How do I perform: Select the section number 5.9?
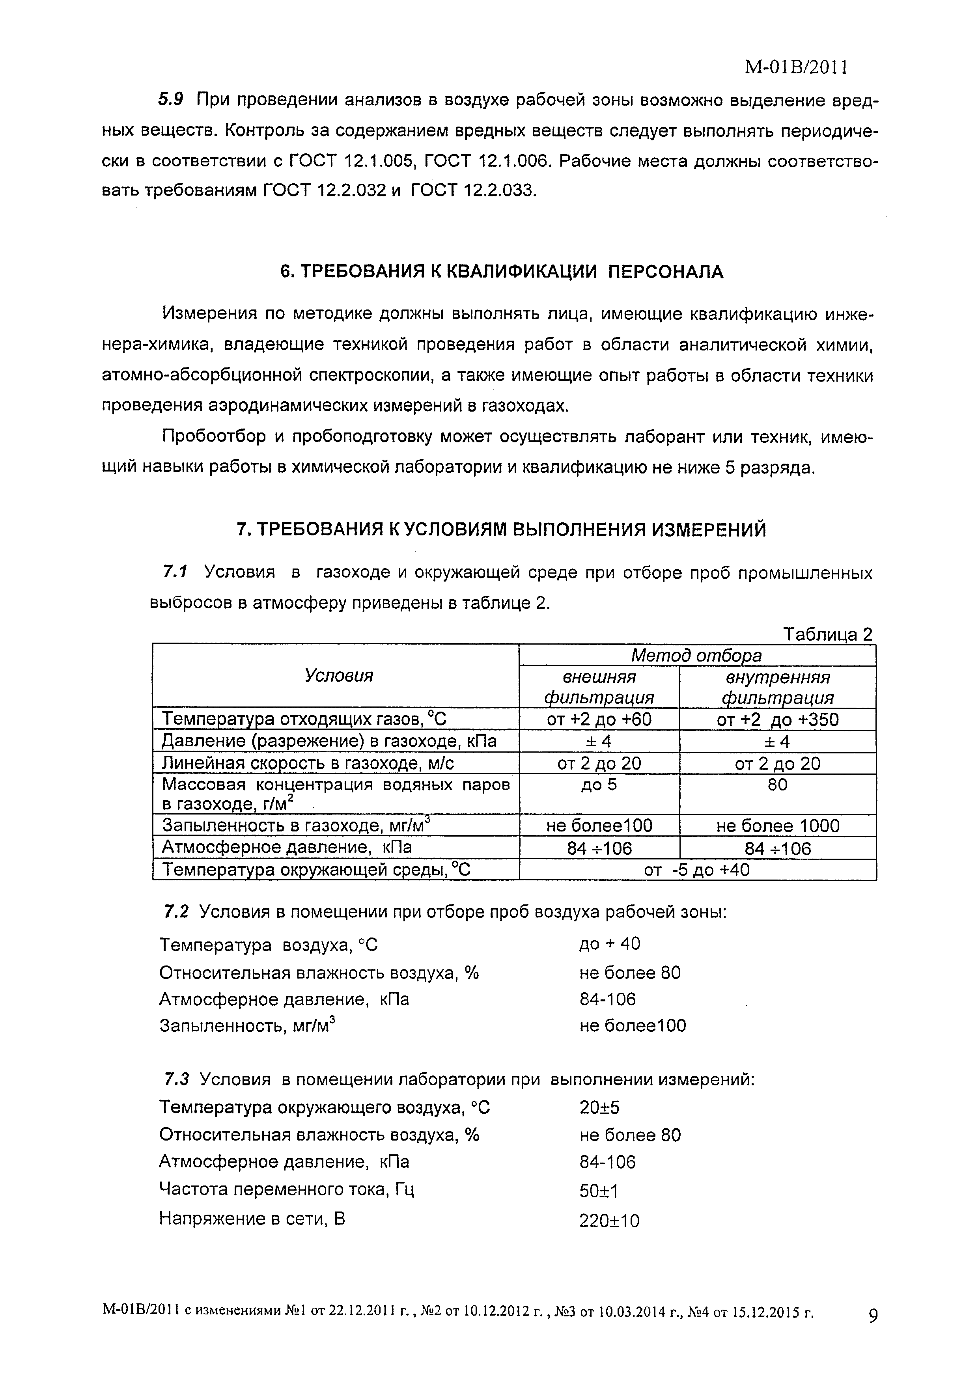click(x=170, y=100)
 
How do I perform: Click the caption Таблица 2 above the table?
click(x=827, y=634)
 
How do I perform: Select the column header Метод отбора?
click(x=696, y=655)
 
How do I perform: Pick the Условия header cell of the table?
click(x=339, y=676)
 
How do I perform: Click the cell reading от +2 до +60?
click(x=599, y=719)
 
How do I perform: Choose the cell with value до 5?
click(x=599, y=785)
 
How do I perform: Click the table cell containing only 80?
click(x=777, y=785)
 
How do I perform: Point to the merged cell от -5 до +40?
click(x=696, y=870)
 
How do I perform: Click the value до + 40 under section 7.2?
click(x=610, y=944)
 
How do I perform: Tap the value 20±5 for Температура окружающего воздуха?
click(x=599, y=1108)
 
